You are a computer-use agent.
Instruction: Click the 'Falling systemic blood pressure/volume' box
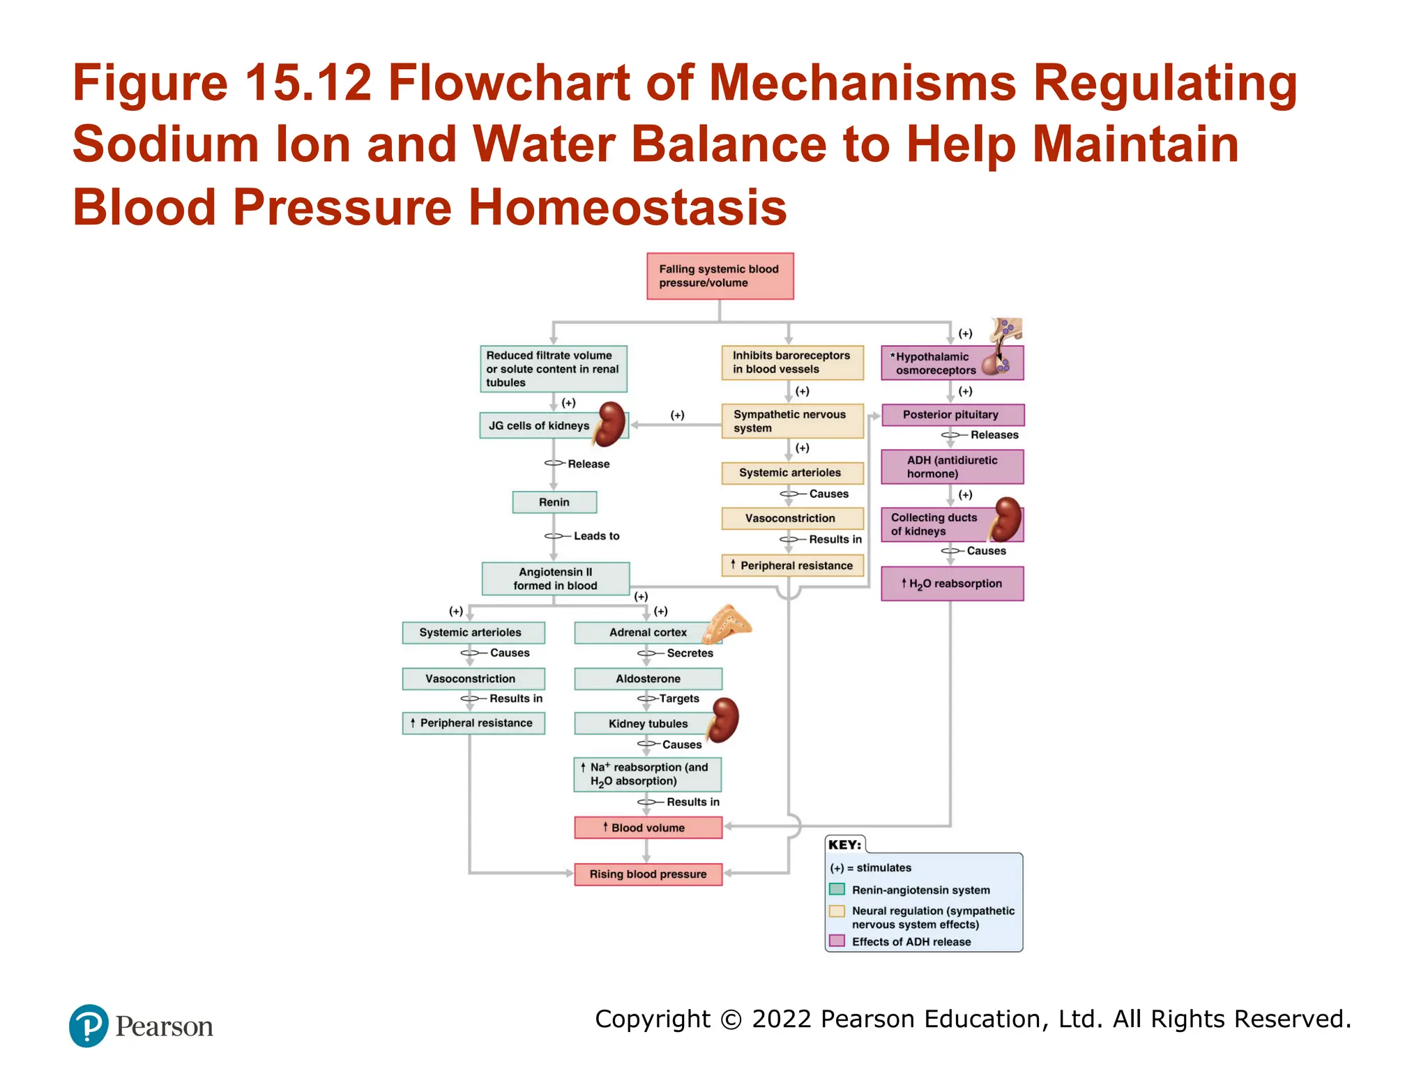[720, 276]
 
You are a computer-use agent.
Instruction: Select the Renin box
[554, 502]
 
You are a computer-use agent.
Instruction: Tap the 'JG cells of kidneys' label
[538, 425]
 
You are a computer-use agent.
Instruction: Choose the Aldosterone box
[648, 678]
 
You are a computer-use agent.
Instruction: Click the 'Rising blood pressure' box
[648, 874]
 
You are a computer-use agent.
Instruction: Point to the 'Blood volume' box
[648, 828]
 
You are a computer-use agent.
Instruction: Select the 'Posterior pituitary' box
[952, 415]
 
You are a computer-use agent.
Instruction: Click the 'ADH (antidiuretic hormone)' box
[952, 466]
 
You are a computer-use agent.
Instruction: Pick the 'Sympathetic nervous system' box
[792, 421]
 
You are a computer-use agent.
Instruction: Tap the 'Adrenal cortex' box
[648, 632]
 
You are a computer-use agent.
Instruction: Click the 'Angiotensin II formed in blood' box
[556, 579]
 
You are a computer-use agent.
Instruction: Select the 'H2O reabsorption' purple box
[952, 584]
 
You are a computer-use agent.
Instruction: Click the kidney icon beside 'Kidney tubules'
[723, 720]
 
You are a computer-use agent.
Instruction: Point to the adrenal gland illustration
[727, 623]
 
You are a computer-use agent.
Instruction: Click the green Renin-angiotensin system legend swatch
[837, 889]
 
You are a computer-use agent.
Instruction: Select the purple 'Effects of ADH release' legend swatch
[837, 941]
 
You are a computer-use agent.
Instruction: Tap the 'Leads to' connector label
[596, 536]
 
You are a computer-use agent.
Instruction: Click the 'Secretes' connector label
[690, 653]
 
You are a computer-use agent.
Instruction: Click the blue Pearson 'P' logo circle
[89, 1026]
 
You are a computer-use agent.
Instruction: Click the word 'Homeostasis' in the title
[628, 207]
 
